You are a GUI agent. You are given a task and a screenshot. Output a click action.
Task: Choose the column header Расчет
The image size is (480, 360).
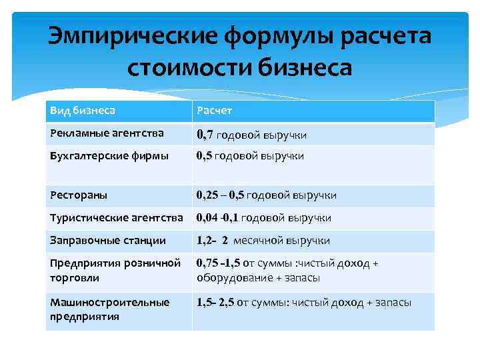click(x=214, y=111)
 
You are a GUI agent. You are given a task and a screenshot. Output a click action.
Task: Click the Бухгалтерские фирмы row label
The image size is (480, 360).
click(x=109, y=156)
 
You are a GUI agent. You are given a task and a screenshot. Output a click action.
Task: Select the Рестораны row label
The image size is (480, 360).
click(x=79, y=195)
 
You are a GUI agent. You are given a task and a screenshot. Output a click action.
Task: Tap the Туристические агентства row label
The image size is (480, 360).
click(x=117, y=218)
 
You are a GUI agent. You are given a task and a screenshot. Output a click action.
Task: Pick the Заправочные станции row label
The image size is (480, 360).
click(x=108, y=240)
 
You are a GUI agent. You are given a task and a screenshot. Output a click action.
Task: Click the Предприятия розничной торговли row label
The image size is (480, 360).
click(x=115, y=270)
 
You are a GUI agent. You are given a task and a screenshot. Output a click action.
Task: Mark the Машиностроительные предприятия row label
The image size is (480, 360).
click(x=110, y=309)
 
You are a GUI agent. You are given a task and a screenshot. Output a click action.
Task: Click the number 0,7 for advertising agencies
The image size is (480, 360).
click(x=205, y=135)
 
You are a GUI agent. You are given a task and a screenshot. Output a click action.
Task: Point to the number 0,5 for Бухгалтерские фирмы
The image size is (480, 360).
click(x=205, y=156)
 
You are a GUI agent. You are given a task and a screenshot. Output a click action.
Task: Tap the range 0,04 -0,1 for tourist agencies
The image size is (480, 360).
click(x=217, y=218)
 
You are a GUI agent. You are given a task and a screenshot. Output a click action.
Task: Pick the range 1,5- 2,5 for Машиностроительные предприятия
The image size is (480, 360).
click(x=216, y=303)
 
